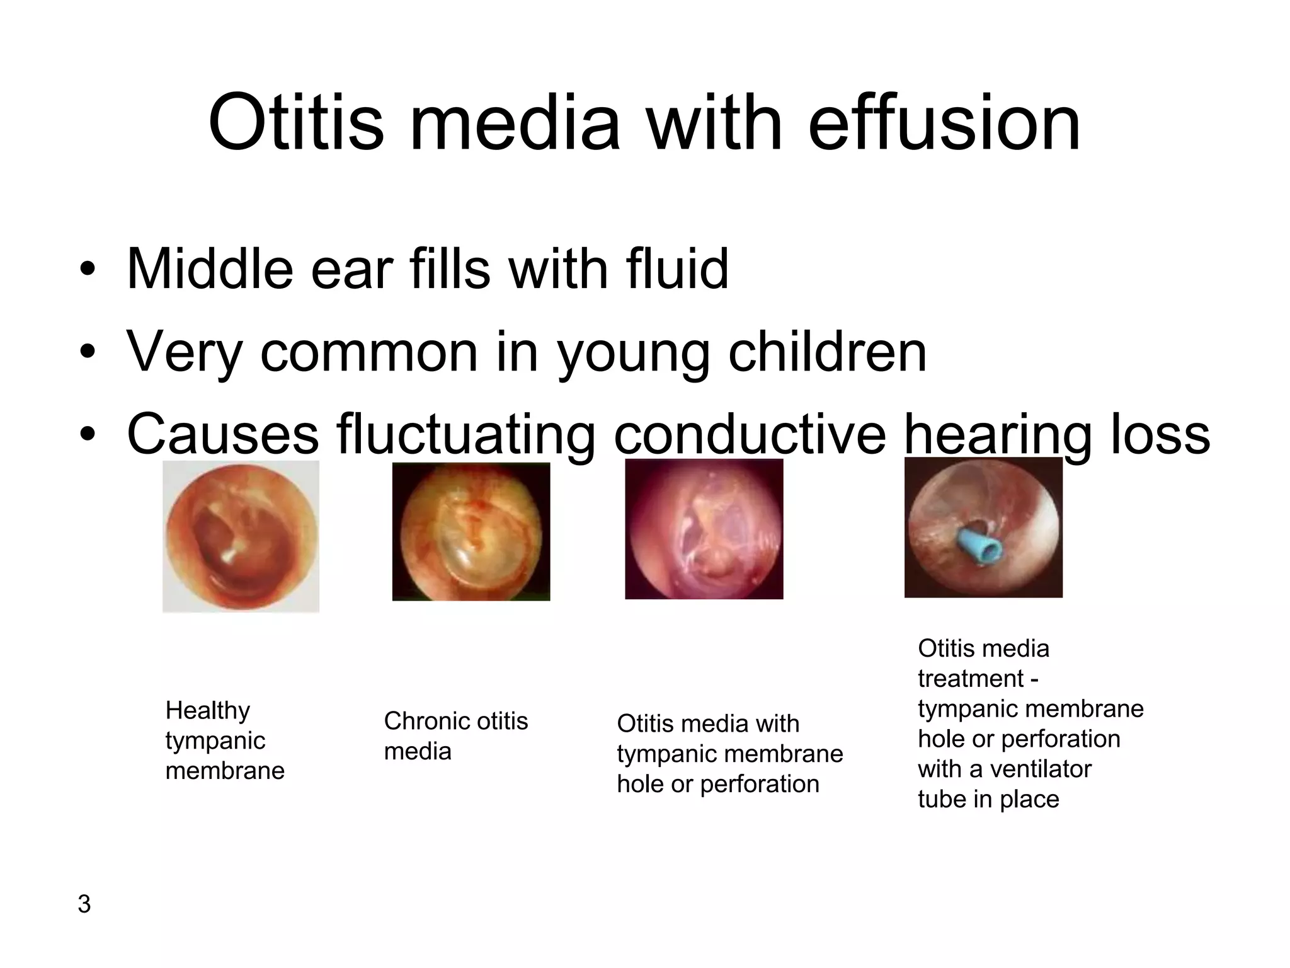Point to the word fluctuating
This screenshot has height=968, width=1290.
click(465, 435)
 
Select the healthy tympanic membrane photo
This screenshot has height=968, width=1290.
click(241, 536)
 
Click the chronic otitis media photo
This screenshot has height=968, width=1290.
click(471, 531)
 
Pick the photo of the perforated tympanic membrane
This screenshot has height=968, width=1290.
click(704, 529)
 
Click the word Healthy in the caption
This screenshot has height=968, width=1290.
click(207, 711)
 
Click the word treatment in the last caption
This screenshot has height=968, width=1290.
click(971, 679)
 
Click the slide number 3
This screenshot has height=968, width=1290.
click(84, 904)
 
